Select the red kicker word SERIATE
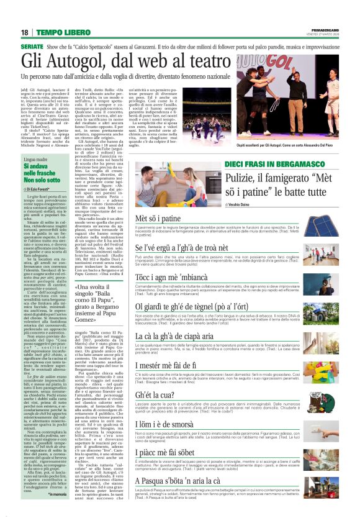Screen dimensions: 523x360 (x=32, y=47)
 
